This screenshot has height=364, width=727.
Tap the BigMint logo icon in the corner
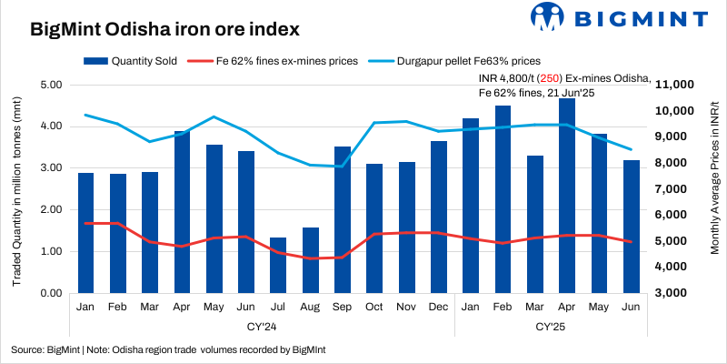(x=549, y=17)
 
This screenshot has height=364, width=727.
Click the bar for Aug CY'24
(x=311, y=260)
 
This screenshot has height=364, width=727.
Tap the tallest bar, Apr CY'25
(x=567, y=196)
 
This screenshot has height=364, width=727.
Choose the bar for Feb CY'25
(x=503, y=199)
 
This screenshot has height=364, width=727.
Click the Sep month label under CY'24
(x=343, y=308)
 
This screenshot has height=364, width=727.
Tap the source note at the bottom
(x=168, y=349)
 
